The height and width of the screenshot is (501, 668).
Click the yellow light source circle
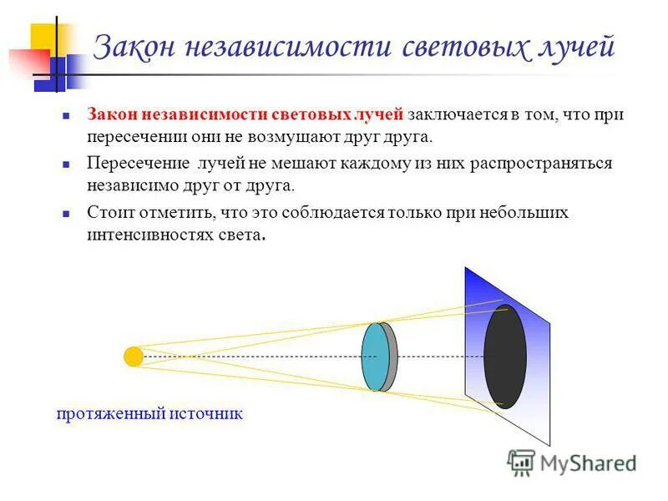[x=134, y=357]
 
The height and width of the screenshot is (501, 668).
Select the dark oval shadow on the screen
[x=505, y=356]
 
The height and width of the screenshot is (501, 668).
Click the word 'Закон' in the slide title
[x=133, y=47]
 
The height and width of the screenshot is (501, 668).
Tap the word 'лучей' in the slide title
[x=577, y=47]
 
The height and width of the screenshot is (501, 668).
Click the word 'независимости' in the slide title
[x=282, y=47]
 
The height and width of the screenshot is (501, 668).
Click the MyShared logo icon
[x=521, y=462]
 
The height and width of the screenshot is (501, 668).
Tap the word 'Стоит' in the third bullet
[x=109, y=212]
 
